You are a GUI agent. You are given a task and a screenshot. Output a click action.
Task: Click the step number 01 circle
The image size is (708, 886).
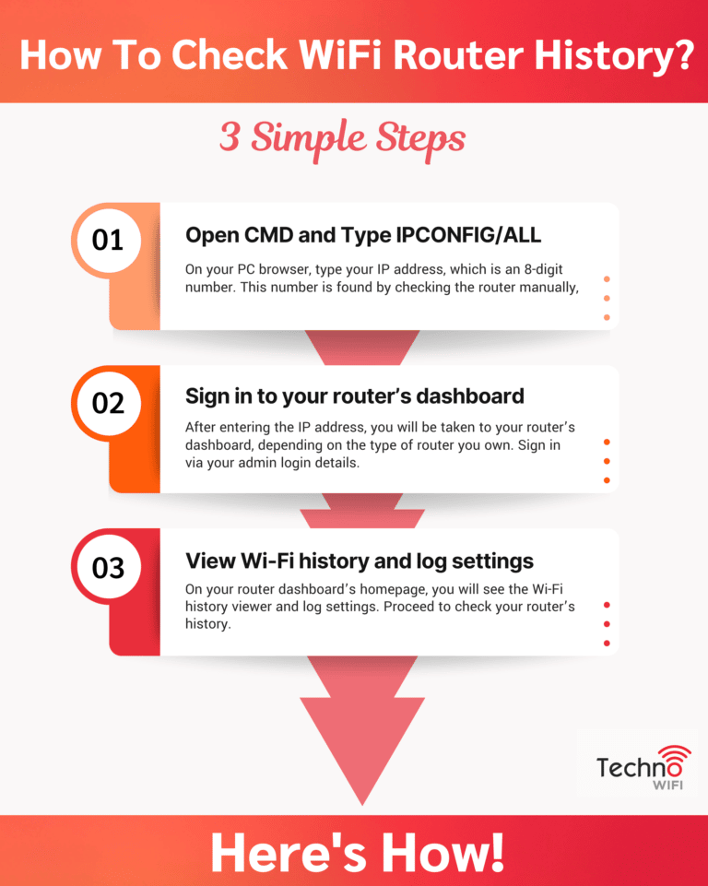[x=108, y=241]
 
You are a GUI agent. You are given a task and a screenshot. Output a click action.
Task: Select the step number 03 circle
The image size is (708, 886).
[x=108, y=567]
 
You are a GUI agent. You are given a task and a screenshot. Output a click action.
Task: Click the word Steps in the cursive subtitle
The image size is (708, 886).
[x=419, y=139]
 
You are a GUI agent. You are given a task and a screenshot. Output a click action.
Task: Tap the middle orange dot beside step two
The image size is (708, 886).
[x=607, y=461]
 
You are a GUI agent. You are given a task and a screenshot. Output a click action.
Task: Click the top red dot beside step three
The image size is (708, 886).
[x=607, y=605]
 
